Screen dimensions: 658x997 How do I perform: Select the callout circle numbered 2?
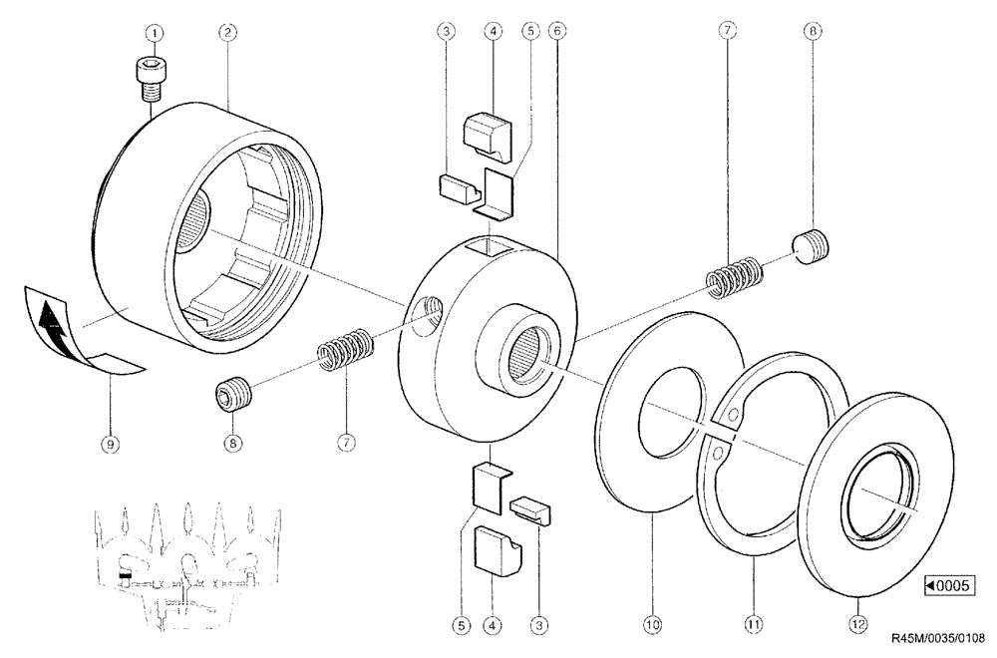[227, 32]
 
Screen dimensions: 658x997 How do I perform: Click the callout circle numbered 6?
[557, 32]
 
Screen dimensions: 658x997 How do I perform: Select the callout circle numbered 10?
[651, 625]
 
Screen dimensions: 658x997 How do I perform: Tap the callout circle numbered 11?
[755, 625]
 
